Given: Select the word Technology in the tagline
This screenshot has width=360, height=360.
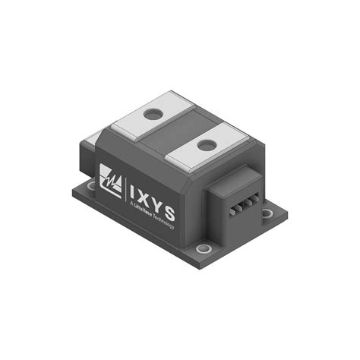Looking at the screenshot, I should click(169, 220).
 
